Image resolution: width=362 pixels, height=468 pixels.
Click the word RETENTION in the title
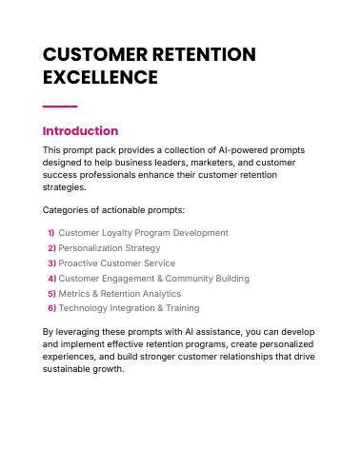pyautogui.click(x=204, y=54)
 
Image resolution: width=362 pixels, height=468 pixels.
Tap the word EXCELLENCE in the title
pyautogui.click(x=100, y=77)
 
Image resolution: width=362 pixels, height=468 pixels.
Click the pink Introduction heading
pyautogui.click(x=80, y=131)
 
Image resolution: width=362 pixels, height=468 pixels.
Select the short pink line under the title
pyautogui.click(x=60, y=107)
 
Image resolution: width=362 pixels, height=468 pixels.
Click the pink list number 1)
pyautogui.click(x=51, y=233)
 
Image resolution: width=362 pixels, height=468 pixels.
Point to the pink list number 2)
pyautogui.click(x=51, y=248)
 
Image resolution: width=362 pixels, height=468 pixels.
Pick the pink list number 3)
pyautogui.click(x=51, y=263)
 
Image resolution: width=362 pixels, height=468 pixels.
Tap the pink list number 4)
pyautogui.click(x=52, y=279)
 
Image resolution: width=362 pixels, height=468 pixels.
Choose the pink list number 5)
pyautogui.click(x=51, y=294)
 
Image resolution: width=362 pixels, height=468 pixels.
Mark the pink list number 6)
pyautogui.click(x=51, y=308)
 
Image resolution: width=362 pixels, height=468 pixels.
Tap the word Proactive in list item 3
pyautogui.click(x=78, y=263)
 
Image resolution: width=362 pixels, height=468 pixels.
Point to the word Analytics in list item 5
pyautogui.click(x=161, y=294)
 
